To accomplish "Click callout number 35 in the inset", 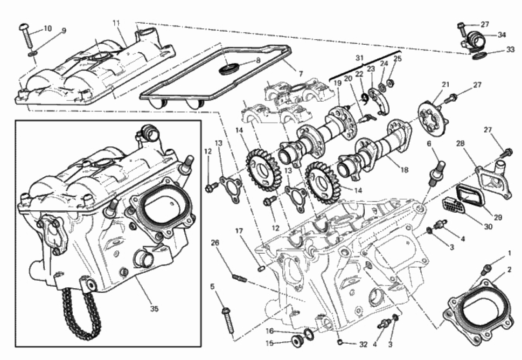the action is (x=154, y=309).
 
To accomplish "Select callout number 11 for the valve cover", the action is (x=116, y=23).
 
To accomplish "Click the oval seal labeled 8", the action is (x=229, y=69).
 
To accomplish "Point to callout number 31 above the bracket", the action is (x=359, y=58).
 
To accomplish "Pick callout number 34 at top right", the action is (x=501, y=35).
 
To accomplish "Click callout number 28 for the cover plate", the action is (x=460, y=144).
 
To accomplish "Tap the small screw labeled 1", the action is (x=487, y=269).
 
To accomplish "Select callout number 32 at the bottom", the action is (x=363, y=344).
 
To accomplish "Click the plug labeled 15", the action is (x=297, y=342).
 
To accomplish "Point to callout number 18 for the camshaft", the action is (x=404, y=170).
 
